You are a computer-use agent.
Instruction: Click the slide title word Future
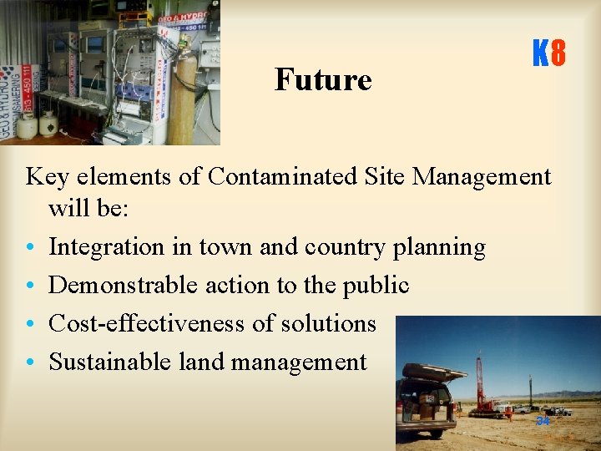click(323, 79)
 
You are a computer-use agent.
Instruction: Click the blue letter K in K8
click(540, 55)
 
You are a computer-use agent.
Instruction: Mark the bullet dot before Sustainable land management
click(30, 362)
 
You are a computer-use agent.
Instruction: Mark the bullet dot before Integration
click(30, 248)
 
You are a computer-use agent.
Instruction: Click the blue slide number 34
click(543, 421)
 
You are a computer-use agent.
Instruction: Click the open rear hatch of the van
click(434, 371)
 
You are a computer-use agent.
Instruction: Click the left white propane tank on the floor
click(28, 125)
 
